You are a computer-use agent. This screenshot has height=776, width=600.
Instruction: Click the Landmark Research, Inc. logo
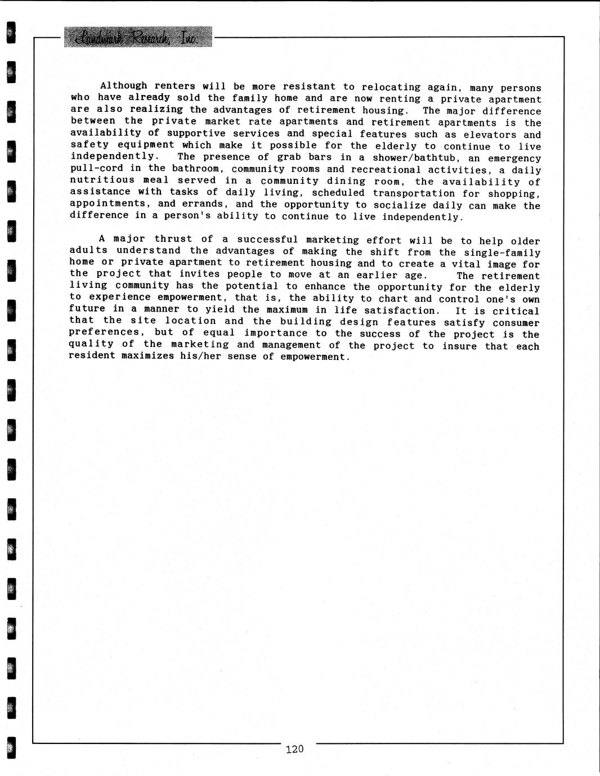click(x=138, y=37)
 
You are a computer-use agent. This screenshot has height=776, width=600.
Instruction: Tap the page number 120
click(x=294, y=748)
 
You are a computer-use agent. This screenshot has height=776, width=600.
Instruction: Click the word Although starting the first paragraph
click(x=123, y=86)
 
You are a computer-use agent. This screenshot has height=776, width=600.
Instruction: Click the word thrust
click(x=173, y=239)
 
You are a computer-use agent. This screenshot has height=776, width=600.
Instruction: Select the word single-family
click(x=502, y=253)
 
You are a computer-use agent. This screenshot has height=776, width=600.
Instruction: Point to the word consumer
click(x=516, y=323)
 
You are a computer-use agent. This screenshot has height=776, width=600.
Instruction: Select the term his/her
click(x=200, y=356)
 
